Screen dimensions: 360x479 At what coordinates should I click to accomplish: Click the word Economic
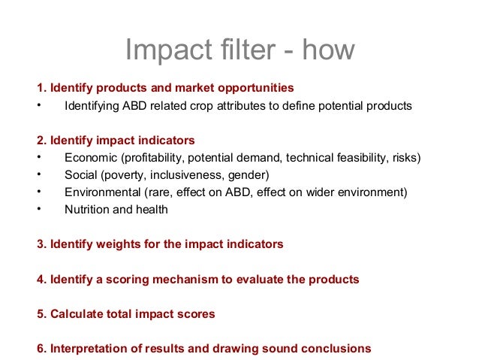pos(91,158)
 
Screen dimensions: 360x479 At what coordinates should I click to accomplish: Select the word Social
pos(81,175)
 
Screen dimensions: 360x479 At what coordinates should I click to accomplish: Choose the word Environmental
pos(101,192)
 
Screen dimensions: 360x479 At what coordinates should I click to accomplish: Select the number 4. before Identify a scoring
pos(41,280)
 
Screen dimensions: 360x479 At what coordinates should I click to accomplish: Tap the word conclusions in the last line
pos(336,349)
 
